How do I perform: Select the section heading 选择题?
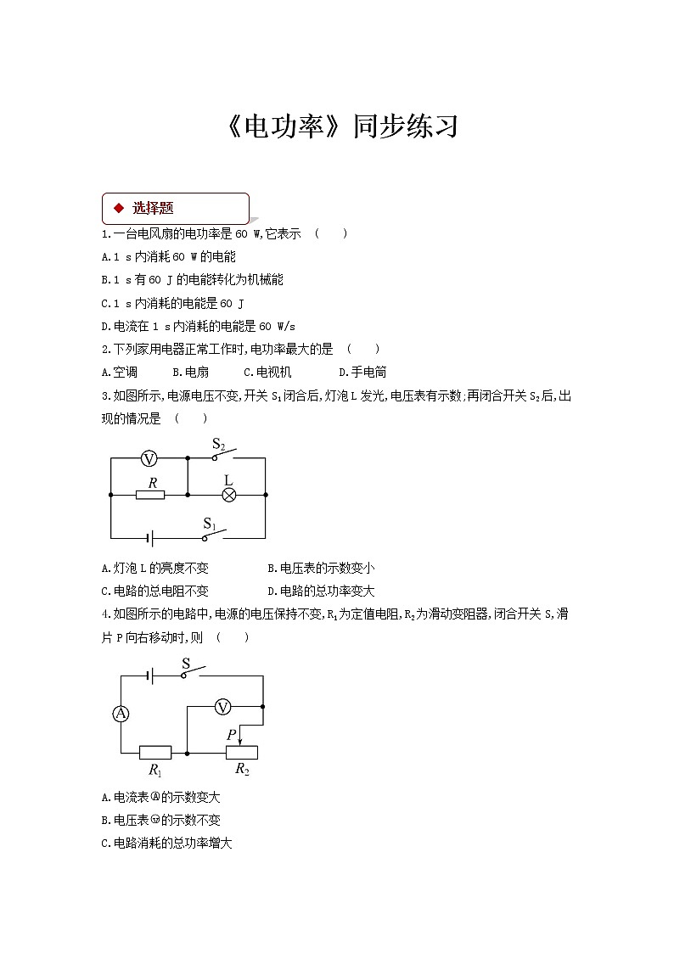coord(153,207)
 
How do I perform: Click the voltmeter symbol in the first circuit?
coord(149,459)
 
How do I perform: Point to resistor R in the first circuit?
coord(151,494)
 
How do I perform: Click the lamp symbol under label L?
coord(228,495)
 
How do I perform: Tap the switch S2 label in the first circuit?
coord(218,444)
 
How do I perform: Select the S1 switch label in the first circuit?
coord(210,523)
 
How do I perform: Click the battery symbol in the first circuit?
coord(149,538)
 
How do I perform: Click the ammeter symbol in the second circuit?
coord(121,714)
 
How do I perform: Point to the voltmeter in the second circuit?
coord(222,706)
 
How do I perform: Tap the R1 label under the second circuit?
coord(154,770)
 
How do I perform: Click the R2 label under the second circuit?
coord(242,770)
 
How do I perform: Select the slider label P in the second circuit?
coord(231,734)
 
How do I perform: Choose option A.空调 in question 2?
coord(119,372)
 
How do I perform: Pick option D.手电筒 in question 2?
coord(362,372)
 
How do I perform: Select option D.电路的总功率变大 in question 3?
coord(321,591)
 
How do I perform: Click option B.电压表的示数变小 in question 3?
coord(321,569)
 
